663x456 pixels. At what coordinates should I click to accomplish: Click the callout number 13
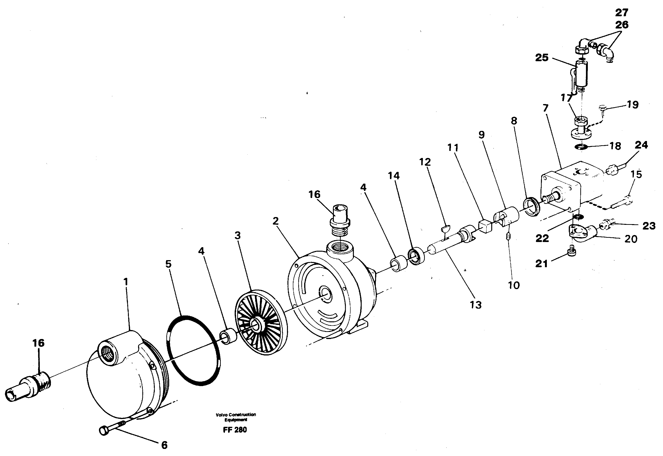[x=475, y=305]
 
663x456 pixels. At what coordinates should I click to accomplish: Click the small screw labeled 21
[x=572, y=252]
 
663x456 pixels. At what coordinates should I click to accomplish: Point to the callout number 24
[x=641, y=145]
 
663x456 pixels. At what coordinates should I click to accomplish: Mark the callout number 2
[x=275, y=221]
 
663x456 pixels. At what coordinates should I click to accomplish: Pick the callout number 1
[x=126, y=282]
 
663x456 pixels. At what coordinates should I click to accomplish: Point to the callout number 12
[x=425, y=162]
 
